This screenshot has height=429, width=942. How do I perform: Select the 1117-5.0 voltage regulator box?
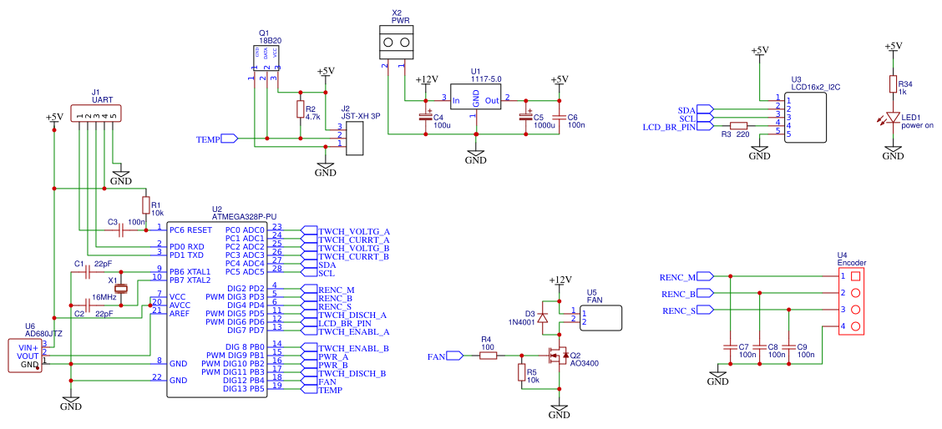tap(475, 99)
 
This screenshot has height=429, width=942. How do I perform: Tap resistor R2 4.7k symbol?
tap(300, 109)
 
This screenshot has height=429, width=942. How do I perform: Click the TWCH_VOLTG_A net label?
tap(354, 230)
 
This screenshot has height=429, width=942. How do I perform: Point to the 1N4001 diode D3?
tap(543, 317)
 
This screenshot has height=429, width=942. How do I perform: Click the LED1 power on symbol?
tap(893, 119)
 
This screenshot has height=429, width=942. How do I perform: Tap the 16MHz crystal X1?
tap(121, 289)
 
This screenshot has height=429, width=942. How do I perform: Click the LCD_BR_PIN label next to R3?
tap(668, 128)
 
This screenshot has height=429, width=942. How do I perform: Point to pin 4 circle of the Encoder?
tap(854, 326)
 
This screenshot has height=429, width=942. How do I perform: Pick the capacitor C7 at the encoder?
tap(731, 346)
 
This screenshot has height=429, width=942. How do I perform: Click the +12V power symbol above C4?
tap(427, 80)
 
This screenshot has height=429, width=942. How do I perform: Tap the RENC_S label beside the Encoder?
tap(679, 310)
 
